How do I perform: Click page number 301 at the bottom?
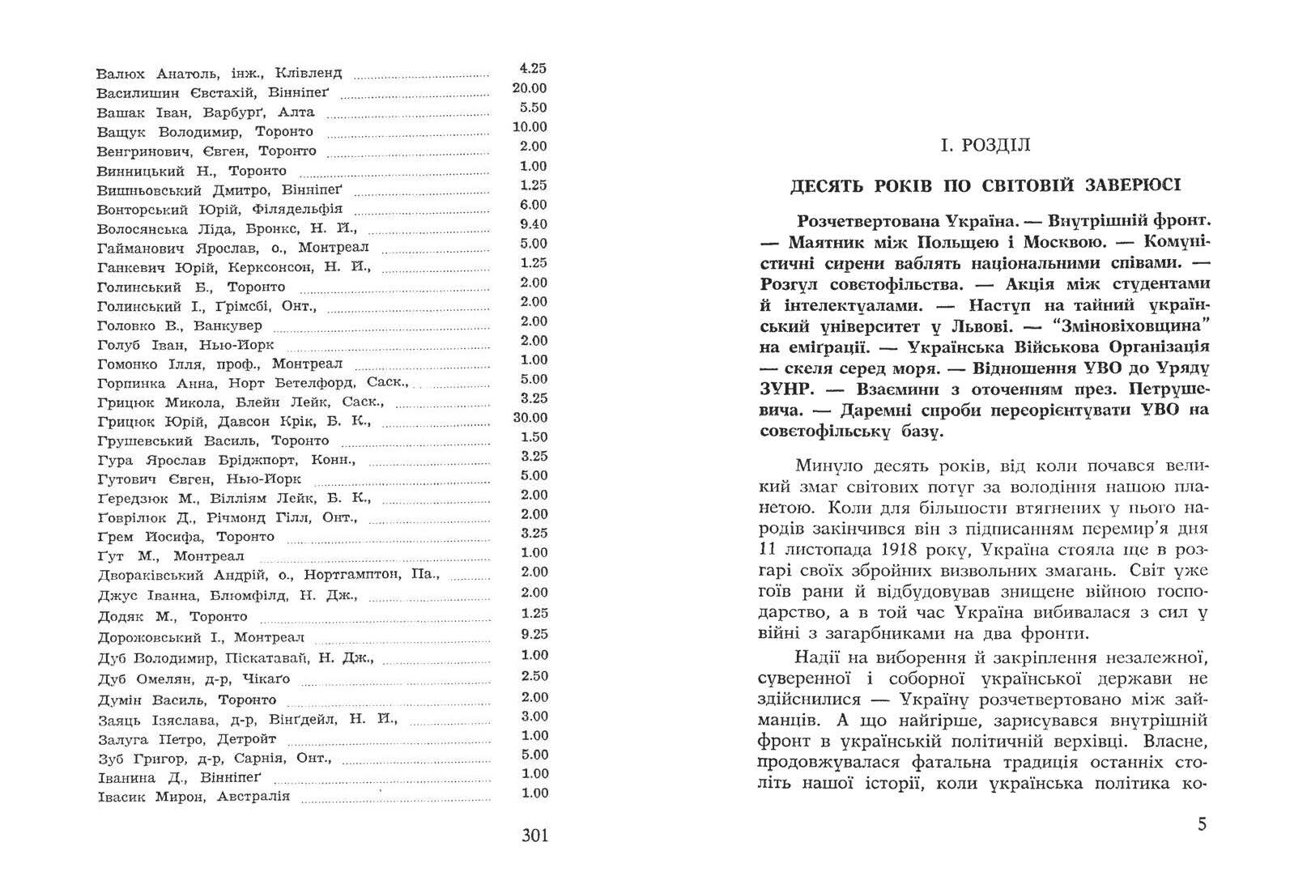point(534,835)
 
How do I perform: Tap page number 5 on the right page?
point(1202,824)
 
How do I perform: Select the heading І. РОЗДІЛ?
point(985,146)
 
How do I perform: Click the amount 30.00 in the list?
point(530,418)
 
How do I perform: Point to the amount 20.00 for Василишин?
point(530,88)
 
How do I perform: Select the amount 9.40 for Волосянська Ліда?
point(534,224)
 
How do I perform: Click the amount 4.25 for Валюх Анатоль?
point(533,69)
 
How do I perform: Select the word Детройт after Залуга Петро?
point(247,739)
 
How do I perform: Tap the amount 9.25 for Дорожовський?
point(534,635)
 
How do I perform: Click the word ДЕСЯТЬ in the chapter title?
point(826,185)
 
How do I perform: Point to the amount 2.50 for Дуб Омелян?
point(534,676)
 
